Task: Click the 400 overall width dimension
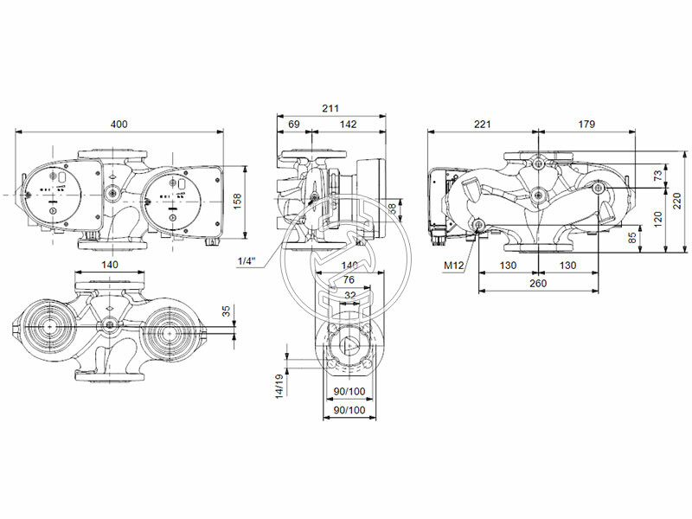click(x=119, y=125)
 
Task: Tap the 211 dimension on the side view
click(x=330, y=108)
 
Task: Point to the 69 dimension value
click(x=293, y=125)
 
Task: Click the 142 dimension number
click(x=348, y=125)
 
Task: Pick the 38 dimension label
click(x=393, y=208)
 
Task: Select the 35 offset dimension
click(x=227, y=311)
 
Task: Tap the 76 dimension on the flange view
click(x=348, y=279)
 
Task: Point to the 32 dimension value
click(x=349, y=294)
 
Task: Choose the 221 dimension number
click(x=483, y=125)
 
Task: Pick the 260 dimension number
click(x=536, y=282)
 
